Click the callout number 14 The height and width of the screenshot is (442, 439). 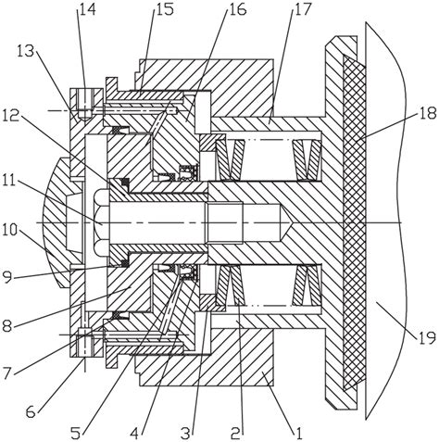click(88, 9)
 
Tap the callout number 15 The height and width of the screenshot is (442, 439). click(164, 9)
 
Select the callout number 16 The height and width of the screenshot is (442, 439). click(237, 9)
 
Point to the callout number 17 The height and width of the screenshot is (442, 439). click(303, 9)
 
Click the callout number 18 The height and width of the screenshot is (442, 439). click(428, 113)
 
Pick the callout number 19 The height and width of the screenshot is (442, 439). click(428, 337)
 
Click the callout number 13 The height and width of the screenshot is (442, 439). click(26, 51)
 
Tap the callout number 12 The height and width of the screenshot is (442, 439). click(12, 116)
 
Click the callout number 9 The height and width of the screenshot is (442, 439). click(7, 277)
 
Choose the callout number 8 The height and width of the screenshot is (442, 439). click(7, 326)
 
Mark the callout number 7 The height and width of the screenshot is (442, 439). click(7, 373)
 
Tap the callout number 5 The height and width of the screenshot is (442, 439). click(76, 434)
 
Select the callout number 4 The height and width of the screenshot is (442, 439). click(134, 434)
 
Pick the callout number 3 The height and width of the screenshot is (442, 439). click(185, 434)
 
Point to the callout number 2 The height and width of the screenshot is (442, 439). click(235, 434)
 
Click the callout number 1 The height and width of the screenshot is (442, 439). click(299, 434)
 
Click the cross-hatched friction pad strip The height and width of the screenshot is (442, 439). click(355, 222)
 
